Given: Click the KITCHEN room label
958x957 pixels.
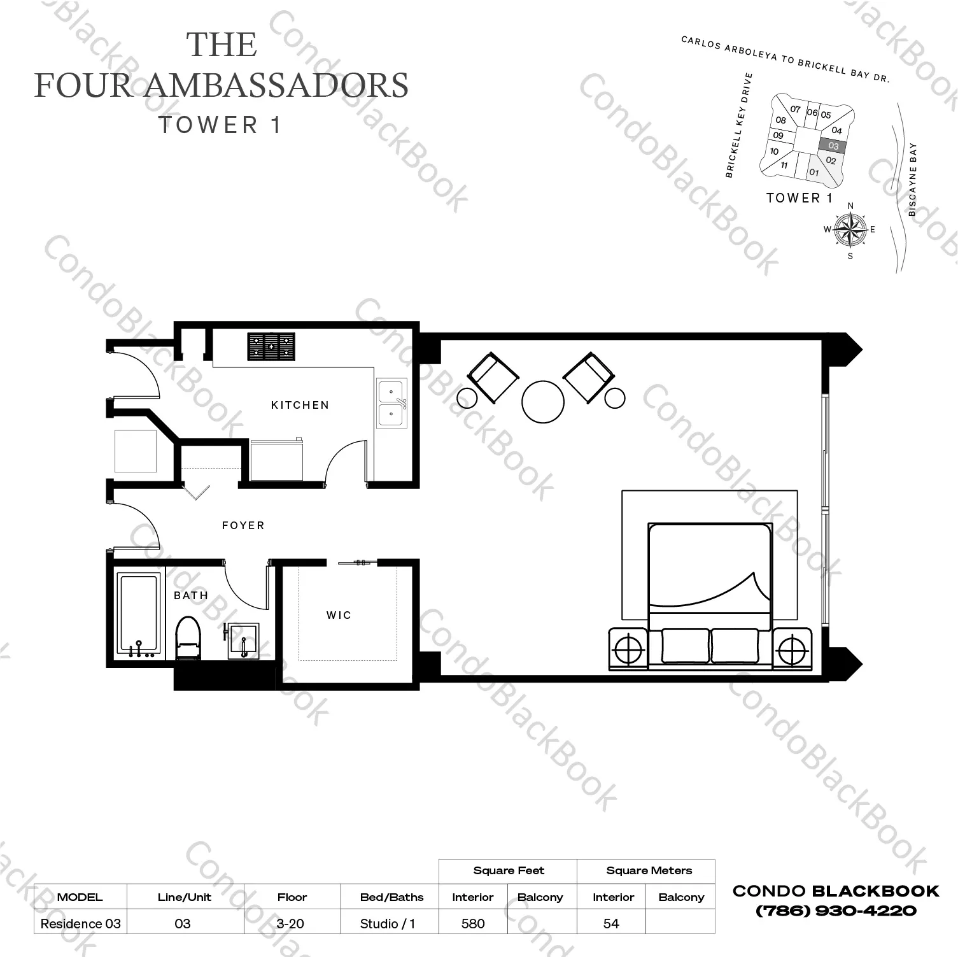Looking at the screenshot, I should point(300,405).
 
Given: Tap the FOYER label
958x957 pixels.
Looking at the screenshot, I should point(243,525).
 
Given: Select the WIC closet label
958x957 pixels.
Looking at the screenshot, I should point(339,615).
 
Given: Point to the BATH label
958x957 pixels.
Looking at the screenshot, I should point(191,595).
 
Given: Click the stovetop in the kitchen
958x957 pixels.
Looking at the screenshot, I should point(272,347).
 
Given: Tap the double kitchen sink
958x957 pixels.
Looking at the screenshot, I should point(391,403).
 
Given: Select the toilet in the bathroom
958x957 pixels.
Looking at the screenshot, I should point(188,637).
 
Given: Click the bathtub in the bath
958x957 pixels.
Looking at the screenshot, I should point(138,615).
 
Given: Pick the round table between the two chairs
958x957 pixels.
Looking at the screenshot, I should point(542,402).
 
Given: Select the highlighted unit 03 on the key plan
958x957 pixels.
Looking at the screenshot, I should point(833,146).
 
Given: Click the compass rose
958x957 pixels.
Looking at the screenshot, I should point(850,230).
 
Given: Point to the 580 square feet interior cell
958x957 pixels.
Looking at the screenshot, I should point(473,923).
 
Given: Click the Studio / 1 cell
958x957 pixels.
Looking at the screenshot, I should point(388,923).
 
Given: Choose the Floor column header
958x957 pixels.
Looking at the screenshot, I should point(292,897).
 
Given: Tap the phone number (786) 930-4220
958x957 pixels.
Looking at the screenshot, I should point(836,911).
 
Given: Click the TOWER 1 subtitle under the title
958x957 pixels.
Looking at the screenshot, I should point(220,125).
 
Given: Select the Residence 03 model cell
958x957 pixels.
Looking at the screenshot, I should point(80,923).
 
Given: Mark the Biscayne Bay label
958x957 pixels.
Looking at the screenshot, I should point(912,180).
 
